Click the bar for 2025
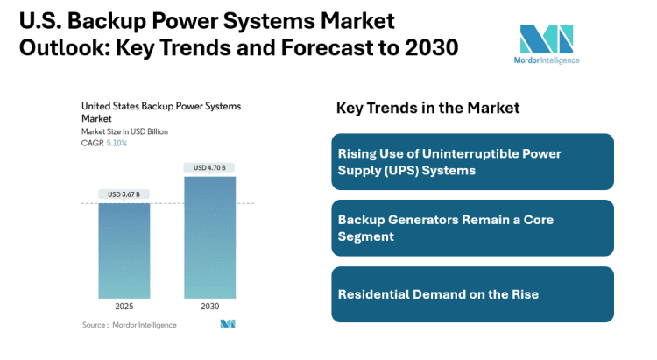tap(124, 251)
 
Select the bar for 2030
tap(209, 237)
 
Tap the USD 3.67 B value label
tap(124, 194)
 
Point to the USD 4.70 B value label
tap(209, 168)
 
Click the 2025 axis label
tap(124, 307)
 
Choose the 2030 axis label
tap(209, 307)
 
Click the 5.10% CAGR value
tap(116, 143)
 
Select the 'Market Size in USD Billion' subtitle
tap(124, 131)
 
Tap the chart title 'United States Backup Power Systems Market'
tap(160, 110)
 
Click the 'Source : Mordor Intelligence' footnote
tap(129, 325)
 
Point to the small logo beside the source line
tap(228, 324)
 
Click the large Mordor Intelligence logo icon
tap(547, 40)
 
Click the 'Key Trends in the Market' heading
tap(427, 108)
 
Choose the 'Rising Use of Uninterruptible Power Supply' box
tap(472, 162)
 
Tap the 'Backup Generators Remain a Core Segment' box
tap(472, 228)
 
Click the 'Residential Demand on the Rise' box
tap(472, 293)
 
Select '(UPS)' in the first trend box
tap(398, 171)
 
